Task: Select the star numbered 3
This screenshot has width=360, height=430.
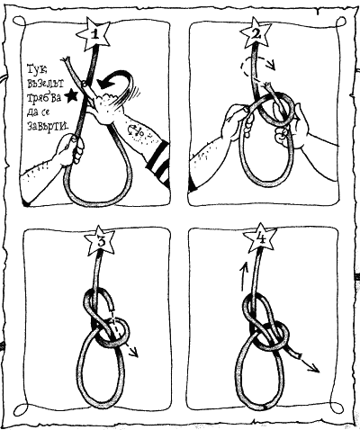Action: [100, 240]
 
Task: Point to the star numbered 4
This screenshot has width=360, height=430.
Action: [259, 237]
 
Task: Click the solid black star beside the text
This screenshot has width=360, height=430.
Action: [71, 95]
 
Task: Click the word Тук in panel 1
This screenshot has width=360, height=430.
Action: [37, 70]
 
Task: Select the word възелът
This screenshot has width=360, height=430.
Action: [45, 84]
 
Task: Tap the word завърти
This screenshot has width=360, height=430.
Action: [48, 125]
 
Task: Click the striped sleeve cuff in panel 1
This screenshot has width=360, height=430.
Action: [158, 163]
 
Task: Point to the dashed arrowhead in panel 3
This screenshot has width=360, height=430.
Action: [133, 353]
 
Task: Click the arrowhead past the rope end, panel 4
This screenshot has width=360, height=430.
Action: [314, 368]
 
